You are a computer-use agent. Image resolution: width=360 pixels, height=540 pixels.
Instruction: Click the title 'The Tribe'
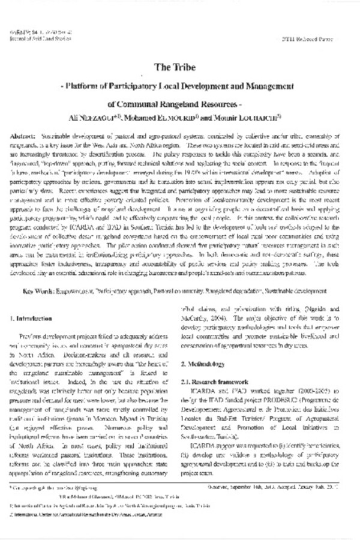[x=180, y=68]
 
